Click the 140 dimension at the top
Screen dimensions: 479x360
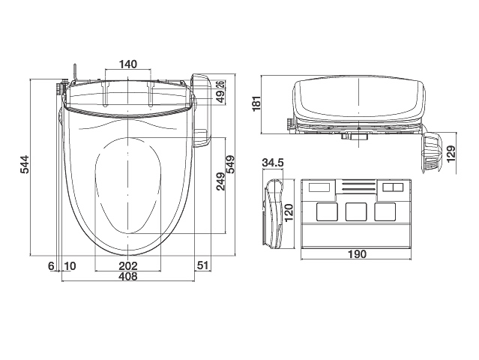tap(128, 64)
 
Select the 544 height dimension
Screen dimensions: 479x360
tap(25, 164)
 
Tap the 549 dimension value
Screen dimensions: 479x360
tap(230, 164)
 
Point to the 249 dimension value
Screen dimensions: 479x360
tap(220, 181)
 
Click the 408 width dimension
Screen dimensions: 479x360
tap(128, 276)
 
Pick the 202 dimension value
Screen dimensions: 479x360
tap(128, 265)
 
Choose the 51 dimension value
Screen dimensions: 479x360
tap(202, 265)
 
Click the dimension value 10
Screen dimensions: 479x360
tap(70, 266)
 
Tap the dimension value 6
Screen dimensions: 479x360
tap(51, 266)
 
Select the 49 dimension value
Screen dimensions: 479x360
tap(220, 95)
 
